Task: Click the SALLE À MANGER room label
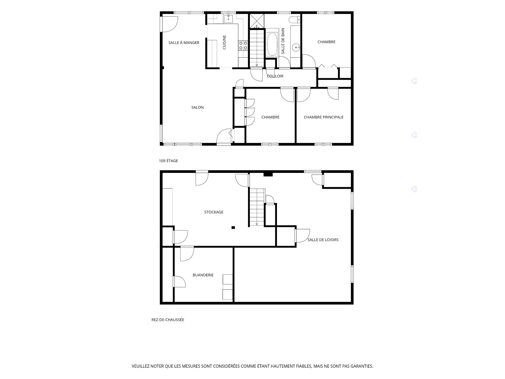tap(184, 43)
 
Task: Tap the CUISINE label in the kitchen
tap(224, 42)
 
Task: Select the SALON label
tap(198, 107)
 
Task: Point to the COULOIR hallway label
tap(275, 76)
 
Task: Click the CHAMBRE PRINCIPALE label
tap(324, 117)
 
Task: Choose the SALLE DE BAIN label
tap(283, 41)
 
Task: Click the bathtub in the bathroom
tap(272, 44)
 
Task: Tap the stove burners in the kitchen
tap(243, 45)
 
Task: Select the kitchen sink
tap(229, 19)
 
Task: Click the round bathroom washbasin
tap(296, 48)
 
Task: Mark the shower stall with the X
tap(256, 21)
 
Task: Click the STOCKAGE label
tap(214, 212)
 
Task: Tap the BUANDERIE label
tap(203, 275)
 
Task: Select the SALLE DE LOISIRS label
tap(323, 240)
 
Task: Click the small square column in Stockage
tap(233, 228)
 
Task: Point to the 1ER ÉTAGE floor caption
tap(168, 161)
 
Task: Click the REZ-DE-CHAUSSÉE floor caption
tap(168, 320)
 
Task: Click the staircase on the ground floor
tap(257, 207)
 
